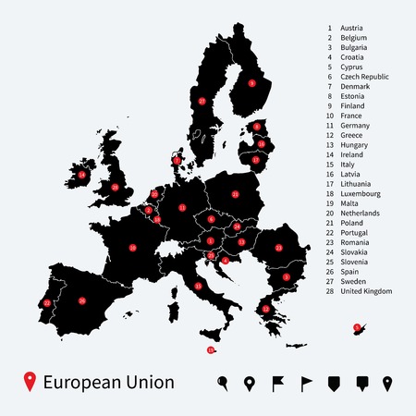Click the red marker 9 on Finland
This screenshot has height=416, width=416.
tap(251, 83)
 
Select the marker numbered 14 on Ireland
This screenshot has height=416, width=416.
tap(81, 174)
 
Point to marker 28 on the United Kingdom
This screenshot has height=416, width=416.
tap(115, 188)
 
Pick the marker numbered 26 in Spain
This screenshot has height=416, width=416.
tap(81, 300)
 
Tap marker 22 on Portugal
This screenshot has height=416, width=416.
tap(47, 302)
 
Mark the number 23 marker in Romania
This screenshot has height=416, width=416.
tap(278, 248)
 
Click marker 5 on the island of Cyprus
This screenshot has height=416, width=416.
tap(356, 325)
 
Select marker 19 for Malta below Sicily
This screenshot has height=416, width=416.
tap(211, 349)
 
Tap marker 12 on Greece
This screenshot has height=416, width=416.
tap(266, 309)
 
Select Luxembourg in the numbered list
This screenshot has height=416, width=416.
tap(361, 194)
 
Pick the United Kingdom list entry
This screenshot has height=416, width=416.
tap(367, 291)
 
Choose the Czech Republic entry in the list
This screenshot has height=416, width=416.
tap(365, 76)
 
